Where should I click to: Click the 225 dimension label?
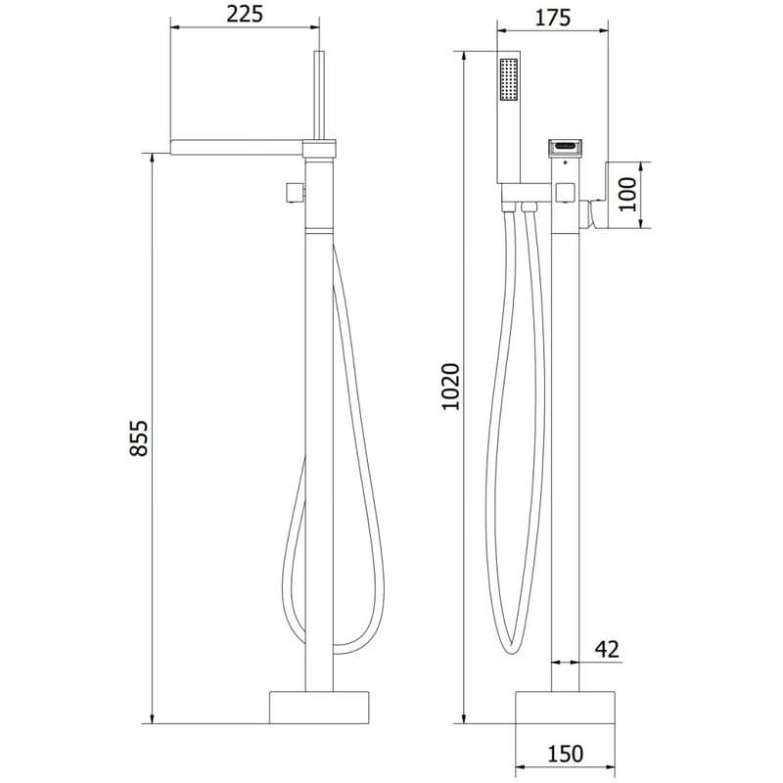tap(244, 14)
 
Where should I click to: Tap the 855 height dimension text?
tap(139, 438)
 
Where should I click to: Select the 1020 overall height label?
tap(451, 387)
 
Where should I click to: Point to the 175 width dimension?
tap(553, 18)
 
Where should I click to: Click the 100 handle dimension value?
tap(628, 195)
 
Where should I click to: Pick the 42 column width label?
tap(607, 649)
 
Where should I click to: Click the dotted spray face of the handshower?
tap(509, 80)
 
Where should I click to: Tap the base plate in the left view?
tap(319, 708)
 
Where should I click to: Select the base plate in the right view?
tap(565, 708)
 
